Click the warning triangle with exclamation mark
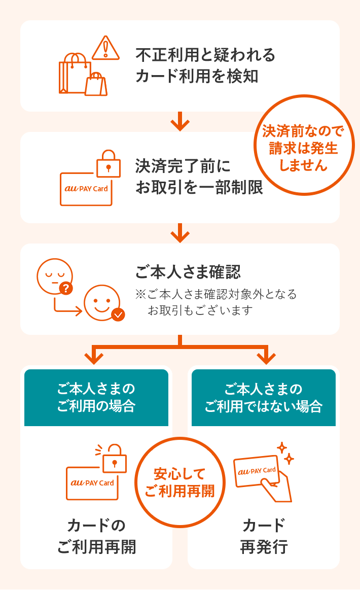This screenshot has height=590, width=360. click(x=105, y=48)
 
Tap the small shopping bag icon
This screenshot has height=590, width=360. click(x=96, y=84)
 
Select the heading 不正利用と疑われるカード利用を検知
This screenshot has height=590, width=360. click(x=205, y=65)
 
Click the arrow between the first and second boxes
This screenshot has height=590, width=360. click(x=180, y=122)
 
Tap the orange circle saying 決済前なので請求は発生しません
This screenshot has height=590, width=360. click(x=303, y=145)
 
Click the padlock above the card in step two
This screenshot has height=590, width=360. click(x=109, y=164)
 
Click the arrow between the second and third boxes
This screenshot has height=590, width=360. click(x=180, y=233)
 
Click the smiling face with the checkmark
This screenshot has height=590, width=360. click(x=101, y=303)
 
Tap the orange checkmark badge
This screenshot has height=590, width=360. click(x=118, y=315)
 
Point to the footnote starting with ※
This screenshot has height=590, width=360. click(x=215, y=302)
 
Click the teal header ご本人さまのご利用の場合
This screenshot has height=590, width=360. click(x=96, y=398)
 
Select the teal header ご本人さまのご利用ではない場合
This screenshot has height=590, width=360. click(x=264, y=398)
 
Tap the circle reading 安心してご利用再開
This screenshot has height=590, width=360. click(x=179, y=482)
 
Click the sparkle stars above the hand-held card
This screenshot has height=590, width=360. click(x=285, y=453)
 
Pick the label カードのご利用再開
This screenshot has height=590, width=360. click(x=96, y=536)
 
